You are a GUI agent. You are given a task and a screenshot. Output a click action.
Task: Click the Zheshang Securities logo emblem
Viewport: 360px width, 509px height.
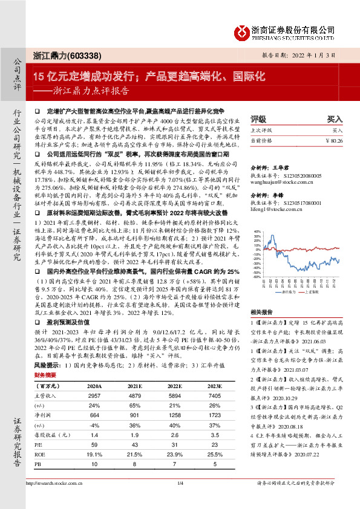tap(242, 30)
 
